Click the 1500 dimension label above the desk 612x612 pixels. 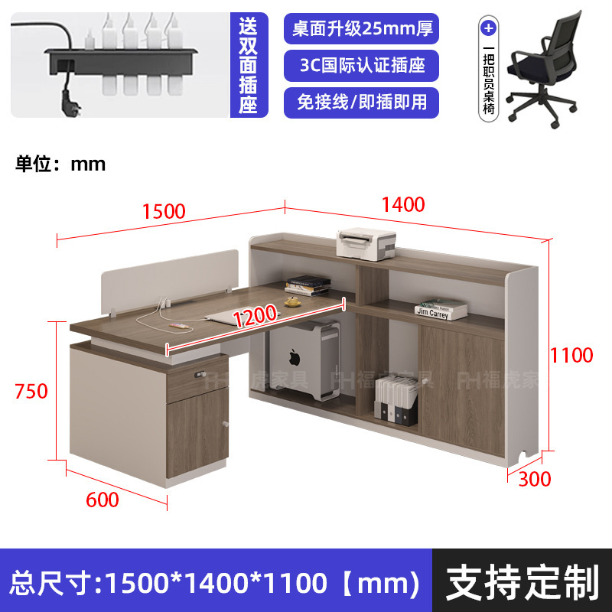tap(164, 211)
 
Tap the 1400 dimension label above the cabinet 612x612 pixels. tap(404, 204)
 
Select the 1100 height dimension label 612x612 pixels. tap(571, 355)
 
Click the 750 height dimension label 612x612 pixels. tap(31, 391)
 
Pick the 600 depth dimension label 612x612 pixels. tap(103, 500)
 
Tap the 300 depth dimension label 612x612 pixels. tap(534, 480)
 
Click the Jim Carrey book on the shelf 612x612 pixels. tap(441, 310)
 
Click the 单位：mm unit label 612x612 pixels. tap(61, 164)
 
